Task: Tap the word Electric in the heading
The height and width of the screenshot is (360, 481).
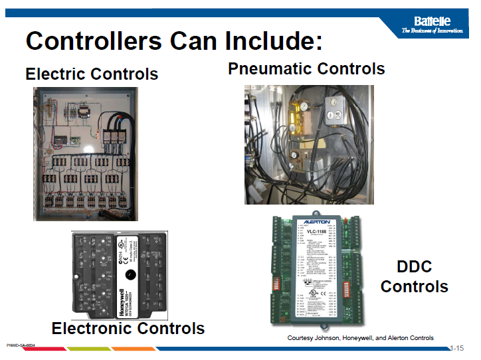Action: coord(56,74)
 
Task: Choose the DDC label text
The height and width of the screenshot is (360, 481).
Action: coord(414,267)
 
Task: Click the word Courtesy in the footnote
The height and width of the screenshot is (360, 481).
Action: coord(300,338)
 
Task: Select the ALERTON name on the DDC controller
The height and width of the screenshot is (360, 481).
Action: coord(316,222)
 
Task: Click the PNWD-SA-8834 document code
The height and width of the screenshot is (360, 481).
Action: coord(20,345)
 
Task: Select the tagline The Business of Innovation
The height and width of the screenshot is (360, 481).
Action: coord(432,32)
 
